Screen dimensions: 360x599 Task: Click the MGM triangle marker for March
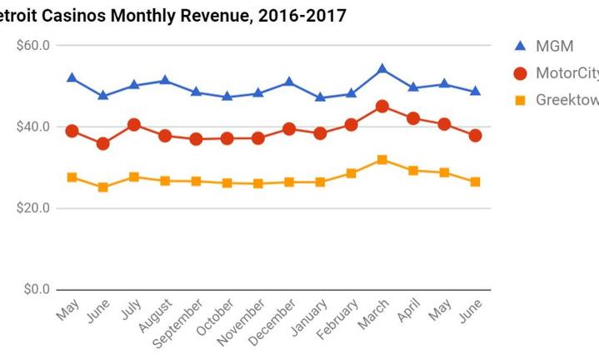point(382,68)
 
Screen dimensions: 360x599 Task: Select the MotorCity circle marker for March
point(382,107)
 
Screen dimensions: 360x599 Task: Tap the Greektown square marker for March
point(382,159)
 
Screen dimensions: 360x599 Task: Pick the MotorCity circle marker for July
point(134,125)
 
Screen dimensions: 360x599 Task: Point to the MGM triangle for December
point(289,82)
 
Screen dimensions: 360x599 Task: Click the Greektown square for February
point(351,173)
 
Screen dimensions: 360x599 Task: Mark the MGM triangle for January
point(320,97)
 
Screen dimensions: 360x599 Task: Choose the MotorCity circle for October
point(227,138)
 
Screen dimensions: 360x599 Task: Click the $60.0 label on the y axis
point(33,45)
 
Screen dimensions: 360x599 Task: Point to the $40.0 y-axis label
point(33,127)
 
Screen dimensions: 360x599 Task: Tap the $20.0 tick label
point(33,208)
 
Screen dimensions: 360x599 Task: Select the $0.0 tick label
point(37,290)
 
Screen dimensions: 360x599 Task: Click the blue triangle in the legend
point(521,46)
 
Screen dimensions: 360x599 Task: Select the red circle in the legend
point(521,73)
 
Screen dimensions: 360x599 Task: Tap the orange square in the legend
point(521,100)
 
